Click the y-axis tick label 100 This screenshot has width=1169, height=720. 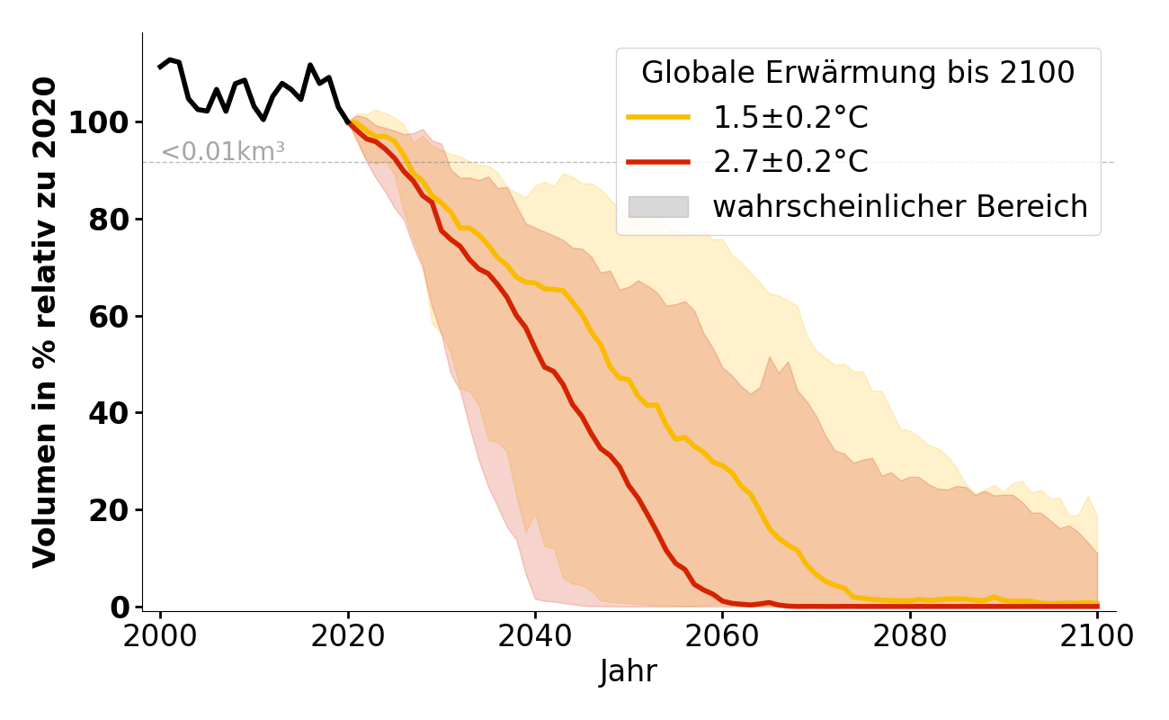coord(100,122)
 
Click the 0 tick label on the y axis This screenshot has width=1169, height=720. coord(120,607)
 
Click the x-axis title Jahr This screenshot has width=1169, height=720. coord(629,672)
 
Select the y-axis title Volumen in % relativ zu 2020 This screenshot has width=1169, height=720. coord(45,322)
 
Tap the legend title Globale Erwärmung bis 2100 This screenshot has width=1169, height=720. coord(858,73)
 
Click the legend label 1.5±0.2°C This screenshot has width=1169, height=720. coord(790,118)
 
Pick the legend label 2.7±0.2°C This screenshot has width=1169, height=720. coord(790,162)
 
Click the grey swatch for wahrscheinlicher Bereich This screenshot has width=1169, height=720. coord(658,207)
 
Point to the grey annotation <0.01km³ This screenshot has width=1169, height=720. coord(223,152)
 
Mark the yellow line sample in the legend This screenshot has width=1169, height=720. coord(658,118)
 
